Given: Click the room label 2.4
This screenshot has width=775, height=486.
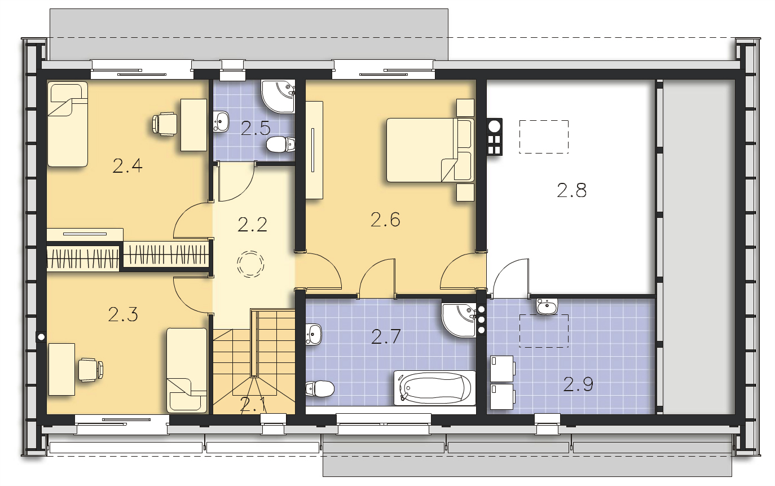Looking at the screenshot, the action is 127,165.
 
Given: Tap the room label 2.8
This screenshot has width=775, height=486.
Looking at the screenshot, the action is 571,190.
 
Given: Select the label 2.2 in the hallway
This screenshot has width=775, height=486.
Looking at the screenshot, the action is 252,225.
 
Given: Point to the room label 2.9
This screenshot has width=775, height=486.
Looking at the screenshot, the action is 578,384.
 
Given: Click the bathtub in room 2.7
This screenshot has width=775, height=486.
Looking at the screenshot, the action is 435,388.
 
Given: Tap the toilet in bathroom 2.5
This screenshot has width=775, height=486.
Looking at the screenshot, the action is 280,145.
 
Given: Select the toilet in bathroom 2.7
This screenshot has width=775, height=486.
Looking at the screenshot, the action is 320,389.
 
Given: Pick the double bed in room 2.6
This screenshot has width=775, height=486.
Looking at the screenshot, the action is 430,150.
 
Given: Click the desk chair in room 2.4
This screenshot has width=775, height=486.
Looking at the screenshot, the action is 165,124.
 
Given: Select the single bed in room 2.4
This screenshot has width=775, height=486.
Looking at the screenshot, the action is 68,124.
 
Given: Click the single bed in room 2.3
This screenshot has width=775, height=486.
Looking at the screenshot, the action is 187,370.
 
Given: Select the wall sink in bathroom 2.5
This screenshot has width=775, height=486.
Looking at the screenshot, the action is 221,121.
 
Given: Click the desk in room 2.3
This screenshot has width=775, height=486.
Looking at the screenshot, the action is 61,369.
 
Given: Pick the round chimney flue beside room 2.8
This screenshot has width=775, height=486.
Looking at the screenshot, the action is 495,126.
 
